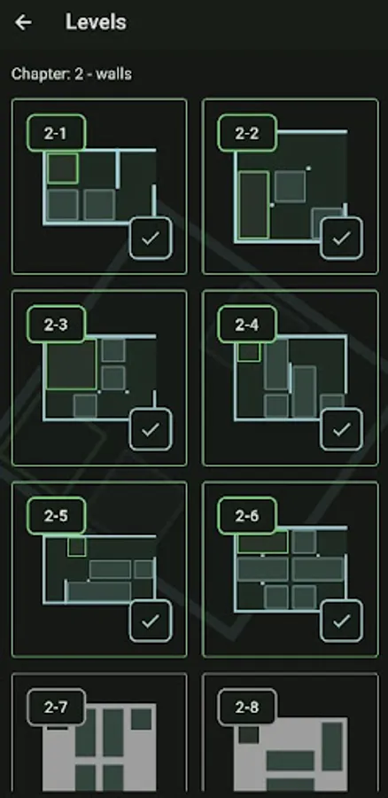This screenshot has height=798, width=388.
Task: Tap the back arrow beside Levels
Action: click(23, 22)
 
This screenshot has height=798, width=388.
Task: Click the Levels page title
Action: click(96, 22)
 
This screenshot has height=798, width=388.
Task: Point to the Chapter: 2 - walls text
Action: click(72, 74)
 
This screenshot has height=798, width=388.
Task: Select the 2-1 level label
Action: click(56, 133)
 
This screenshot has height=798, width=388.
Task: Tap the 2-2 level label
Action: click(247, 133)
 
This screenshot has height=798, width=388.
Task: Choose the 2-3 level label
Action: click(56, 325)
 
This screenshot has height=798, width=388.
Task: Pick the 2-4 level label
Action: click(247, 325)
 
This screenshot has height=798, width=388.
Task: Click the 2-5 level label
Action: click(56, 516)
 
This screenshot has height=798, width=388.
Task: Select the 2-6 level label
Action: click(247, 516)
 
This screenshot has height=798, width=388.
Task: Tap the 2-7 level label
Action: click(56, 708)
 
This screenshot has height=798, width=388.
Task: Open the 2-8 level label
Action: click(247, 708)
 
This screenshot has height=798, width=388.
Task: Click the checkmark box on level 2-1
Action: click(151, 239)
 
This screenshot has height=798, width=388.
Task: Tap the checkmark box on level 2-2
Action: click(342, 239)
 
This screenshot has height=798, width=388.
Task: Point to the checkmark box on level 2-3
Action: click(151, 429)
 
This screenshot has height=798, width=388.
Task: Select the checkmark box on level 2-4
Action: click(342, 429)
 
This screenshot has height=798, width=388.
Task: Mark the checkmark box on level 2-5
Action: click(151, 621)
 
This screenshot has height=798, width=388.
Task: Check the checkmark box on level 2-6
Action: click(342, 621)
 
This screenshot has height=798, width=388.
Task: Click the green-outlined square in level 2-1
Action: click(63, 168)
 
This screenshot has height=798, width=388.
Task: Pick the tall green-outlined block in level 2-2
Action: click(253, 205)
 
